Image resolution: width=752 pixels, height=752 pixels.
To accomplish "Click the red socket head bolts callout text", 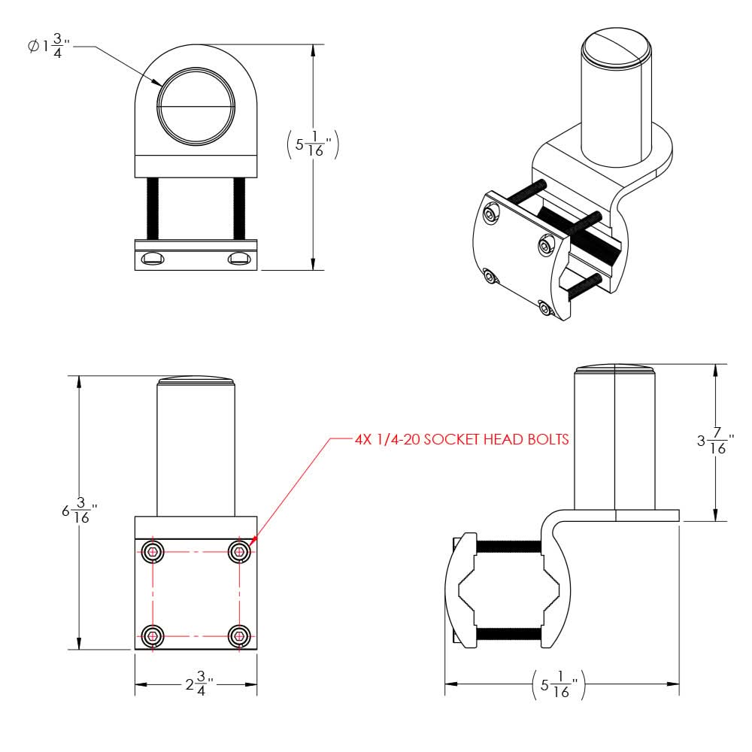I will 461,439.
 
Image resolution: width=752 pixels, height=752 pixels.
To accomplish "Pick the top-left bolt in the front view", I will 153,552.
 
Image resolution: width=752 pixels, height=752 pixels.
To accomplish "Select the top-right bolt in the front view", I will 239,552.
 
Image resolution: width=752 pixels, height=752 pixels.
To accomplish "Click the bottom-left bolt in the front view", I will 153,636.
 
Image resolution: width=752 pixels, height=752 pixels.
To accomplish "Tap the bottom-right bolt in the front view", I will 239,636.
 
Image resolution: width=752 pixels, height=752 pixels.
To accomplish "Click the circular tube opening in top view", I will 196,108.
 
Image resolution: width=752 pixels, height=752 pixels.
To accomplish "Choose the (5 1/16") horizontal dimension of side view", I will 561,684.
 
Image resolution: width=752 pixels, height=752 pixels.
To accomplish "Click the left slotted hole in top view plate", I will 153,259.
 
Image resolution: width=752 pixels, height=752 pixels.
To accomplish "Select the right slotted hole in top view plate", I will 240,259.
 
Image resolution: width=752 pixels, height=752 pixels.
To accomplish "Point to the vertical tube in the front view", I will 196,451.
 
